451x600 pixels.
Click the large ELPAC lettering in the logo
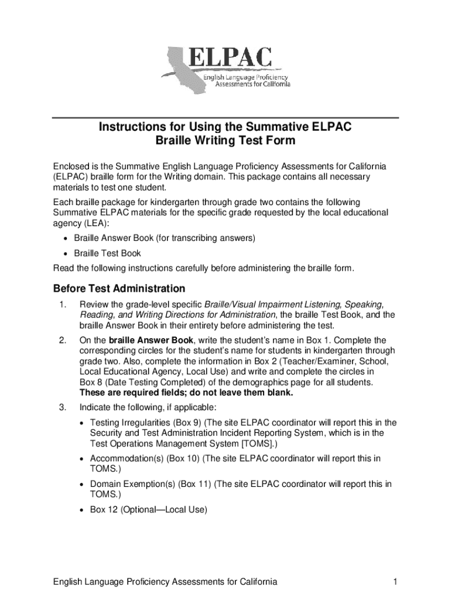(x=231, y=60)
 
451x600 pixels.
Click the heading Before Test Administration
(x=119, y=289)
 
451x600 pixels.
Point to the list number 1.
(x=62, y=305)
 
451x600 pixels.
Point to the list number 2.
(x=62, y=340)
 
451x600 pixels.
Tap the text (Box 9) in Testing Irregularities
(x=187, y=422)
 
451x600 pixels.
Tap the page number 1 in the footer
(x=396, y=582)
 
